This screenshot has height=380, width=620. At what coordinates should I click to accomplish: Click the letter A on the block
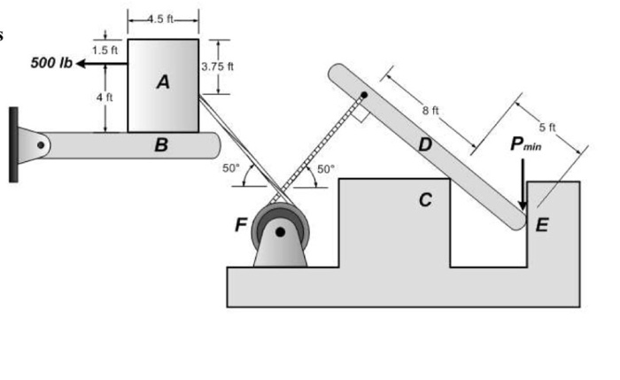coord(162,82)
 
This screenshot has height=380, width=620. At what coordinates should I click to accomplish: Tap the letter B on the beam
coord(160,145)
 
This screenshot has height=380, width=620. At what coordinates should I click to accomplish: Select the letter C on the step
coord(426,200)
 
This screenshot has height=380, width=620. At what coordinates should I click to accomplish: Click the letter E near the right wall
coord(542,225)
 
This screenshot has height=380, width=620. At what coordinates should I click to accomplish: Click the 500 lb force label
coord(51,64)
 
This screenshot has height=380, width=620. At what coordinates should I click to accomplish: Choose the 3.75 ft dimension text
coord(217,66)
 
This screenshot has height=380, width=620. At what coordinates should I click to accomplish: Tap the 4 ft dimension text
coord(105,97)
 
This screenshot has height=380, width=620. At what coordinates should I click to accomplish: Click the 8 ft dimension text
coord(430,111)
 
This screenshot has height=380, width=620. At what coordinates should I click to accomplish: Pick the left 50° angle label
coord(230,167)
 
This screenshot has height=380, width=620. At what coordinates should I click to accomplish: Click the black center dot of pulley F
coord(281,233)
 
